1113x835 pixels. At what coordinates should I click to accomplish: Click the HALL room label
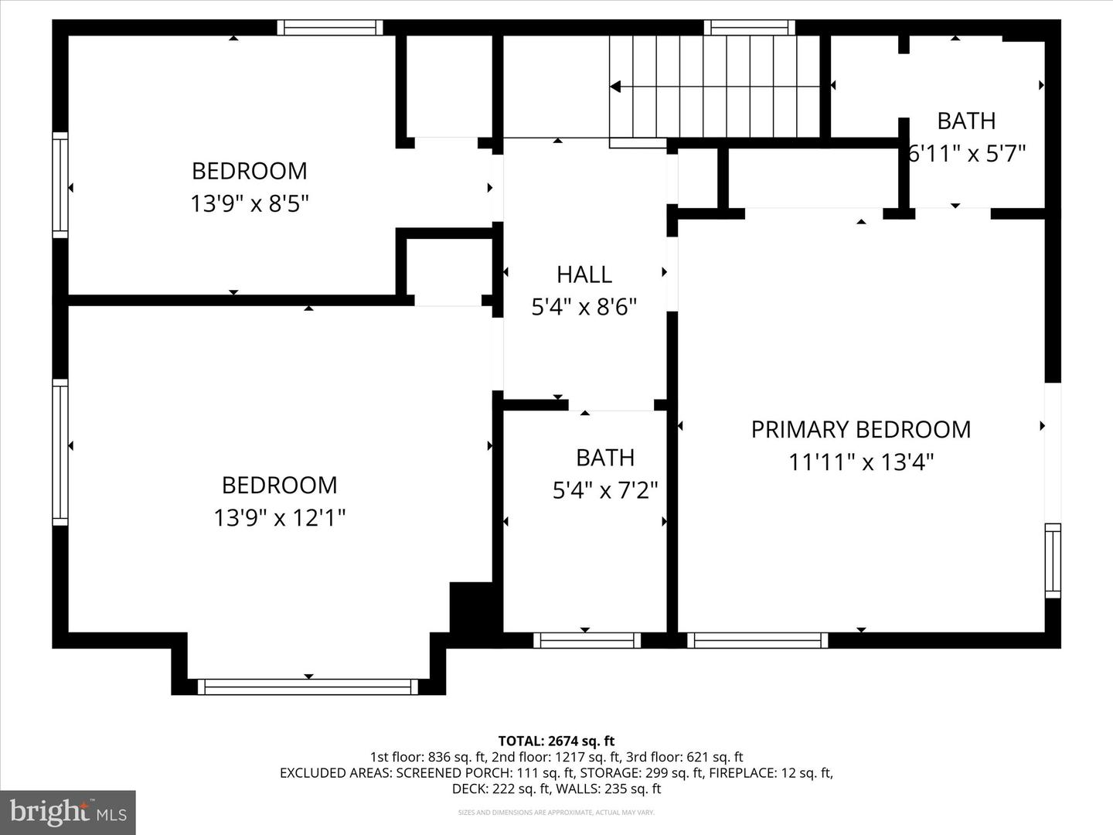584,274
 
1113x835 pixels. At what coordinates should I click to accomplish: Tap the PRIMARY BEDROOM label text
860,430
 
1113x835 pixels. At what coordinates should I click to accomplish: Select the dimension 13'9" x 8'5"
250,204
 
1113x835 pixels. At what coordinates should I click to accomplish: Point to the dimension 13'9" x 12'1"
279,517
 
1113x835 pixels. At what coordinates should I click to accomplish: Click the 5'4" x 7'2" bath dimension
605,490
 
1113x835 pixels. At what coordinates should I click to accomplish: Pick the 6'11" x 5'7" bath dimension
966,154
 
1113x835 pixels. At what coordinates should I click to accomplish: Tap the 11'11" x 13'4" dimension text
861,462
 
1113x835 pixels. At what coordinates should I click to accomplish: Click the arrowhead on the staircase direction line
615,87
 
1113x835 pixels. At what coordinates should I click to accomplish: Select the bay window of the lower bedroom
308,687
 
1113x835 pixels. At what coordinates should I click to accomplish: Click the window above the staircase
750,28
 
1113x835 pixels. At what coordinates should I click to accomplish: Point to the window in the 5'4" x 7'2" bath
587,640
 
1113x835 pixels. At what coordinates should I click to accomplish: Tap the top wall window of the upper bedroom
330,28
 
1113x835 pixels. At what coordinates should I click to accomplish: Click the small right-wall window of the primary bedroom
1053,561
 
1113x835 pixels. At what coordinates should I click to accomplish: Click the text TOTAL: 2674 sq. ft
556,741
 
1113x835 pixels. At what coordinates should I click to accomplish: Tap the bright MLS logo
68,812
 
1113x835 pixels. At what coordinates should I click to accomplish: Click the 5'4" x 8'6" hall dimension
584,308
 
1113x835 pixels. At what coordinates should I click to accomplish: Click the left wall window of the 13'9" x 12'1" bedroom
60,452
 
